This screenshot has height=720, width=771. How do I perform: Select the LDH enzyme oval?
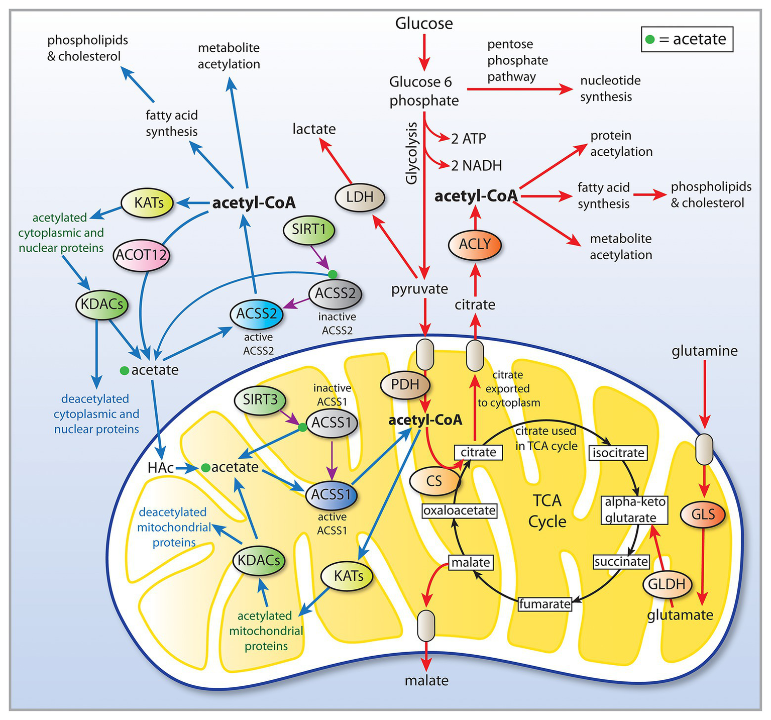tap(360, 196)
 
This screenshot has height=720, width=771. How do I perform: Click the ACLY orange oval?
tap(475, 244)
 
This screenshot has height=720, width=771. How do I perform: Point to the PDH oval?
tap(405, 385)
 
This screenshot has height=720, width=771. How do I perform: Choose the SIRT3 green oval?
tap(260, 400)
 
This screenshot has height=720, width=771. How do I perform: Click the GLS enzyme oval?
tap(703, 514)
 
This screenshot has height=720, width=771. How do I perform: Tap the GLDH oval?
tap(667, 584)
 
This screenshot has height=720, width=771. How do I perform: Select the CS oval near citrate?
tap(434, 481)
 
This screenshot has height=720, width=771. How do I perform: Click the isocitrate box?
tap(618, 453)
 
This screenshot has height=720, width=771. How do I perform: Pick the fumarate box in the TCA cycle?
tap(545, 603)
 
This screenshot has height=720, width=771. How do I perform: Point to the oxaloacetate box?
tap(460, 511)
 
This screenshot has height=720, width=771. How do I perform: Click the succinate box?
tap(621, 561)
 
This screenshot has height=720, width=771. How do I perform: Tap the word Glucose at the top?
tap(424, 23)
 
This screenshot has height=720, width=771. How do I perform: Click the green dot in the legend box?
tap(650, 40)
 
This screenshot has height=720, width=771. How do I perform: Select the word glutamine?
tap(705, 351)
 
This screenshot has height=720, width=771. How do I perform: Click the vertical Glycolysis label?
tap(412, 153)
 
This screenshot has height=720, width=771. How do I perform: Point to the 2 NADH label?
tap(476, 166)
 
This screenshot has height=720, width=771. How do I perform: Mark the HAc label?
tap(161, 468)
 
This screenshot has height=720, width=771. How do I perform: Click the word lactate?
tap(314, 129)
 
